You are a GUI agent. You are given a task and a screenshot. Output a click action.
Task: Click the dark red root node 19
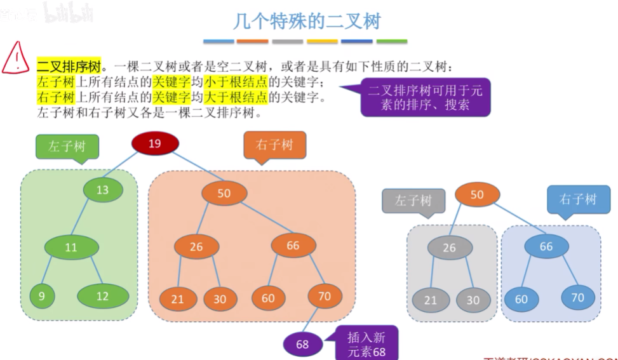click(x=155, y=144)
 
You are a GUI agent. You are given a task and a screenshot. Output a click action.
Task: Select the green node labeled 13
click(x=103, y=189)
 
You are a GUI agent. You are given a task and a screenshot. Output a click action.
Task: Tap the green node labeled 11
click(x=71, y=247)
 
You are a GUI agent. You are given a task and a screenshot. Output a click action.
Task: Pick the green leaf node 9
click(x=42, y=295)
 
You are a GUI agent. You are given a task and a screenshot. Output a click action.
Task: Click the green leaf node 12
click(x=102, y=296)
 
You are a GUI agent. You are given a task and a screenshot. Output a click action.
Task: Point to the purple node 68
click(x=302, y=344)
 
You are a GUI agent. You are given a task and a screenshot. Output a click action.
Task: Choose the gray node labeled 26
click(x=449, y=248)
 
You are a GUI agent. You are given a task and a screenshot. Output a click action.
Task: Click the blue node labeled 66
click(x=546, y=246)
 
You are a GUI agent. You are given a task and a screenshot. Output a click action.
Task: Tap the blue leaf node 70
click(x=578, y=297)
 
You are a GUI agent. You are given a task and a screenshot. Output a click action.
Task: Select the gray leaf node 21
click(x=431, y=300)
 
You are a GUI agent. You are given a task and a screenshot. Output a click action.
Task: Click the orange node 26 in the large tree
click(x=196, y=246)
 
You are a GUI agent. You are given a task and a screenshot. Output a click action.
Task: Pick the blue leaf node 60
click(x=521, y=298)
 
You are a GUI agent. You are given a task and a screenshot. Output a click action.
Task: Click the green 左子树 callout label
click(x=67, y=147)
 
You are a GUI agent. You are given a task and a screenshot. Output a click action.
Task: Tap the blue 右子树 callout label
click(x=578, y=200)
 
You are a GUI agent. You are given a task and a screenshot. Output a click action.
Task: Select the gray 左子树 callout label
click(x=413, y=201)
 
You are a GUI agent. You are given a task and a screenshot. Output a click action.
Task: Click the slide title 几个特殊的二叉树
click(x=307, y=21)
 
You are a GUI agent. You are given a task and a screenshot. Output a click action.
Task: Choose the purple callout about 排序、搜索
click(x=425, y=98)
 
